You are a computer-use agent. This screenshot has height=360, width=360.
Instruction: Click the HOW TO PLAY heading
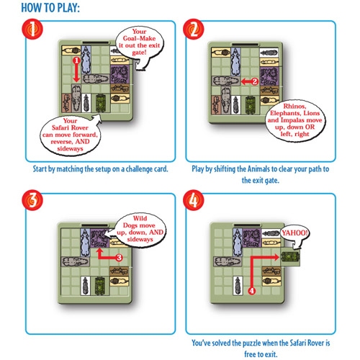[50, 8]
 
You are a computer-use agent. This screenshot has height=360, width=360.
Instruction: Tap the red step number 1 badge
[32, 29]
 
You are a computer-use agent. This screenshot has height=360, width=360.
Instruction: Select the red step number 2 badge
[193, 29]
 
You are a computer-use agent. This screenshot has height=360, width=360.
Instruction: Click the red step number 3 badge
[32, 200]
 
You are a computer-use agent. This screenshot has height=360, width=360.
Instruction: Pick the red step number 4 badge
[193, 200]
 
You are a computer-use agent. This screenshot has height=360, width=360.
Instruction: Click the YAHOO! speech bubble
[294, 233]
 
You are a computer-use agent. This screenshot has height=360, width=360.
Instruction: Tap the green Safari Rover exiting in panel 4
[290, 256]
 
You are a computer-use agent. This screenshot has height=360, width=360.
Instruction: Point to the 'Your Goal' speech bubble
[140, 44]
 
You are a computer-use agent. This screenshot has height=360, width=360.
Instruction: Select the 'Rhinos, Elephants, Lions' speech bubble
[294, 120]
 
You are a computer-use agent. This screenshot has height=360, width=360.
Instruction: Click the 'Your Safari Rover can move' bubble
[70, 135]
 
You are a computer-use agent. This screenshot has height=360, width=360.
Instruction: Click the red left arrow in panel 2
[250, 81]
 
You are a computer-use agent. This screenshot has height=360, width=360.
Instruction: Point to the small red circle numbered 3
[119, 258]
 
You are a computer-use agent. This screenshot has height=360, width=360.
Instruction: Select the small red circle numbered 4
[251, 291]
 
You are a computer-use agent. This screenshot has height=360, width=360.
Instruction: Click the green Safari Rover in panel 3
[99, 286]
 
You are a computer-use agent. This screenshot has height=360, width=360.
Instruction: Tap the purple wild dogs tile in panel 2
[269, 76]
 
